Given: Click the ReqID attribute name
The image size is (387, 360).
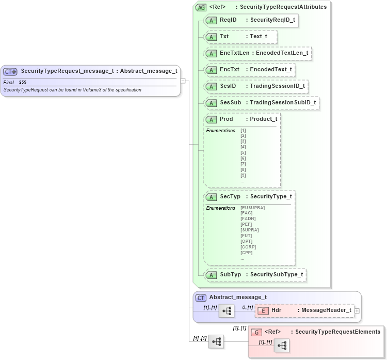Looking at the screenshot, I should coord(228,20).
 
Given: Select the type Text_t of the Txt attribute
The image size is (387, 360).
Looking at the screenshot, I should coord(259,37).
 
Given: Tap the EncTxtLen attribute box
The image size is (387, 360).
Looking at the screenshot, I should coord(258,53).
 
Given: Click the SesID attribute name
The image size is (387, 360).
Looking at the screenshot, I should coord(228,86).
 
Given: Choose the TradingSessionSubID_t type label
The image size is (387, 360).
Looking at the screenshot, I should coord(282,102).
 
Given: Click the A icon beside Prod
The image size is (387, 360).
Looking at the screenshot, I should coord(211,119).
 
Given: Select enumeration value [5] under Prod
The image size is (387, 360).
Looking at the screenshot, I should coord(243,153).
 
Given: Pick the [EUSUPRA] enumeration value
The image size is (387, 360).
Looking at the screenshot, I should coord(252,208).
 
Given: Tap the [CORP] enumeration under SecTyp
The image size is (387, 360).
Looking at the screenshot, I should coord(248,247).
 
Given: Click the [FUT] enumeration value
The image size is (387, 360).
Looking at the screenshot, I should coord(246,236).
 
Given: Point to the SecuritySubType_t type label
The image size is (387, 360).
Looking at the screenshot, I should coord(276,274).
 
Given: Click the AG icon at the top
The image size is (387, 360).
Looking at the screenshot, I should coord(201,7).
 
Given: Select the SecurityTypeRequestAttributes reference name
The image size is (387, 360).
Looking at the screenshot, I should coord(283,7).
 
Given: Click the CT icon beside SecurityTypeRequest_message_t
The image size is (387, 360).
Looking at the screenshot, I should coord(10,72).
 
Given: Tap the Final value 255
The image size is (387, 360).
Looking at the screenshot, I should coord(23,82).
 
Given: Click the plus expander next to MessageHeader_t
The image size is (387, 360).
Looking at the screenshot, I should coord(357,310).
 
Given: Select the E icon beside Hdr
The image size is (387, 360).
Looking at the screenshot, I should coord(263,310).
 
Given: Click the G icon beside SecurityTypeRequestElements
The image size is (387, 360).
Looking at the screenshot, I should coord(256,332).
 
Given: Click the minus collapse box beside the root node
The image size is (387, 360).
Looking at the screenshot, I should coord(183,81).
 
